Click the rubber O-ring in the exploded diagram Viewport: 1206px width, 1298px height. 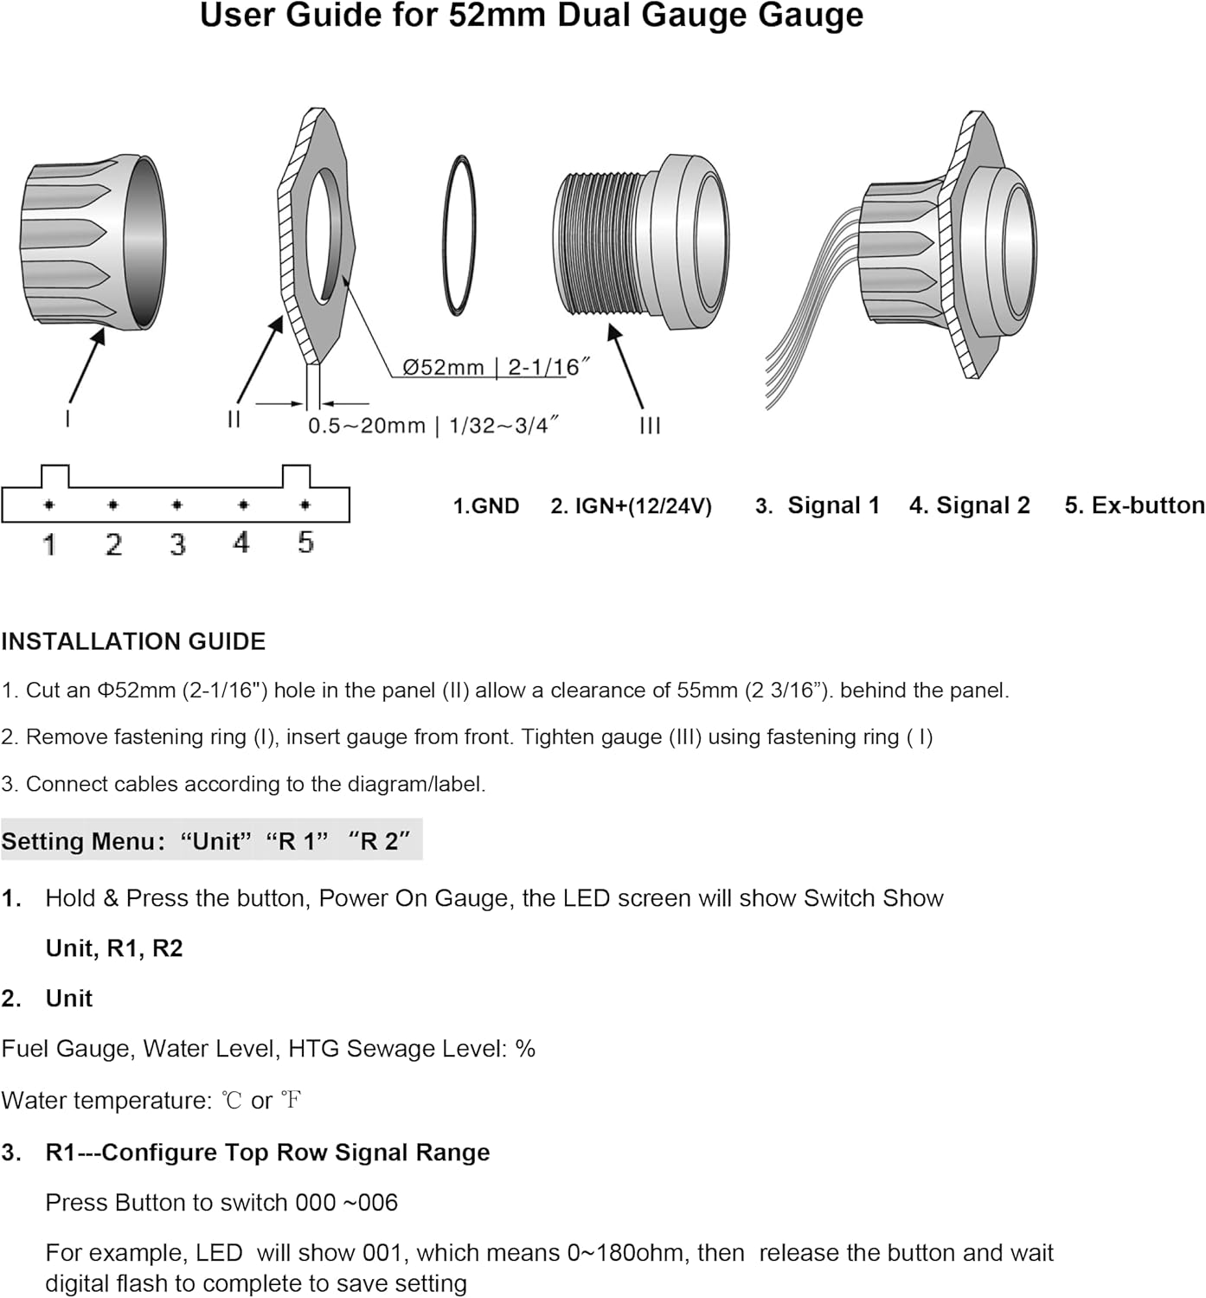click(x=459, y=236)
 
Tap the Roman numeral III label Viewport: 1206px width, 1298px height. click(x=650, y=426)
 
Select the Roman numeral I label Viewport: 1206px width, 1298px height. click(x=68, y=420)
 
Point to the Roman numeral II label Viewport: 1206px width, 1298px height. click(x=234, y=420)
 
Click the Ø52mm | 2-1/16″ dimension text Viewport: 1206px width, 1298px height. click(x=496, y=367)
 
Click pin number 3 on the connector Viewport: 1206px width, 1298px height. click(x=177, y=543)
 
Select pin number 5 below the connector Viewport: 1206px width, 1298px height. click(x=305, y=543)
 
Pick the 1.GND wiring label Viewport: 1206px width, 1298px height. click(x=485, y=506)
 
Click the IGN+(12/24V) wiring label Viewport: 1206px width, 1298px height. click(x=632, y=506)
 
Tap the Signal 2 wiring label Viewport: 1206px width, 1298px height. click(x=970, y=505)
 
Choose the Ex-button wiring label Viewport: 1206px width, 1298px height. click(x=1135, y=505)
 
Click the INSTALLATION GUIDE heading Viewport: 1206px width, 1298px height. click(x=133, y=641)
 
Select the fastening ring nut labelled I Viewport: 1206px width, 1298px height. click(x=93, y=241)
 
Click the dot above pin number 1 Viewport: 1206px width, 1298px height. click(x=49, y=504)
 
